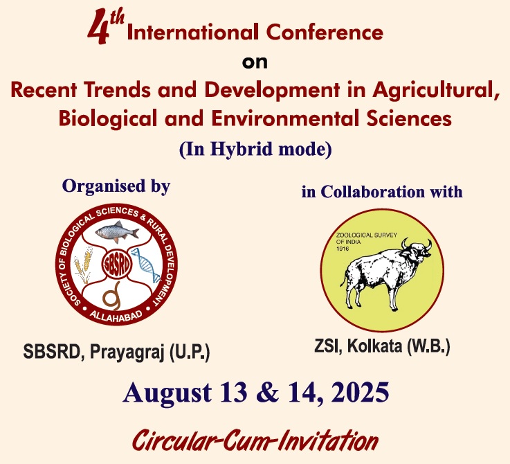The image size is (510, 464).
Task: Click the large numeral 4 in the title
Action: click(99, 27)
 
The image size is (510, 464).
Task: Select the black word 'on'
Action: click(255, 62)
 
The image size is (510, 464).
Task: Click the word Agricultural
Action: click(436, 90)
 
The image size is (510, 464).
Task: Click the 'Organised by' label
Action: click(116, 186)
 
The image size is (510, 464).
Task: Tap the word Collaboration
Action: click(373, 191)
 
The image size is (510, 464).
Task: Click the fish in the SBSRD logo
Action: click(118, 231)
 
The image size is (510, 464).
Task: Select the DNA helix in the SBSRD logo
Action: click(147, 265)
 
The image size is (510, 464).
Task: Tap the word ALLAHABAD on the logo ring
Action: click(116, 316)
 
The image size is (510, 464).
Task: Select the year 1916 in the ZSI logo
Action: click(343, 249)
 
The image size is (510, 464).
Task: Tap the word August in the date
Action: click(167, 393)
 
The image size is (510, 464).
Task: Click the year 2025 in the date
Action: click(360, 392)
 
